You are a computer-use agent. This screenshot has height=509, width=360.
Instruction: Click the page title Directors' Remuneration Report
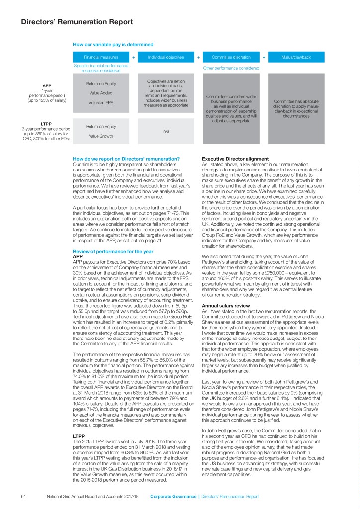[77, 22]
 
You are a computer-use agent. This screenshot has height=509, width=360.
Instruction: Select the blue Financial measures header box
[101, 57]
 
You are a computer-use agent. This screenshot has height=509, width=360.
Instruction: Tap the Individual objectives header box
[164, 57]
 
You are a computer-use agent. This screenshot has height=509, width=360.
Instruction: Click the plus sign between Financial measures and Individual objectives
[133, 57]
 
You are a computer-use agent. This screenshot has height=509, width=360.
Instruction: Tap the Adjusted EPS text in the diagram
[101, 103]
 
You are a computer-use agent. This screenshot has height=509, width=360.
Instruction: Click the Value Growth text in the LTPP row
[101, 136]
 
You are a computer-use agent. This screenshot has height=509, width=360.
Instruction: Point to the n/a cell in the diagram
[164, 131]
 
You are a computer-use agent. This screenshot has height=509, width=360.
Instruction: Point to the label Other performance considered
[231, 68]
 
